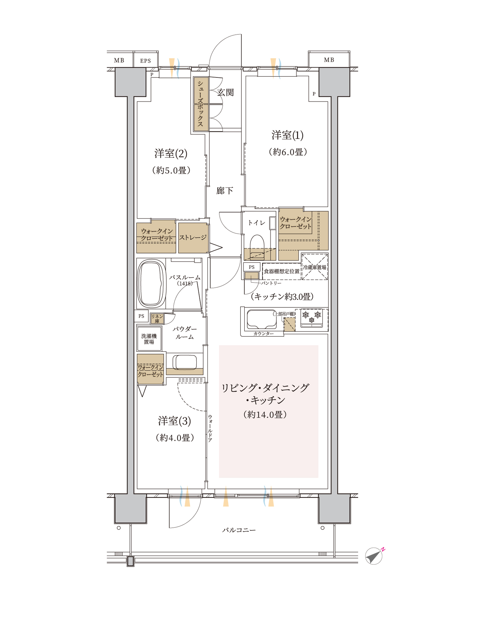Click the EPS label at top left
click(145, 61)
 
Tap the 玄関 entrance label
click(226, 93)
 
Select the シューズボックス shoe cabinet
click(201, 104)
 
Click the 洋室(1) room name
click(287, 135)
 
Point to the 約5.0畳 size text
click(171, 170)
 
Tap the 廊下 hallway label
click(225, 191)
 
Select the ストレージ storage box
click(193, 238)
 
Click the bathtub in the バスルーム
click(151, 284)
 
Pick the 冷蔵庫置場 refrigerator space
click(315, 267)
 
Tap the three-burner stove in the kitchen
click(312, 318)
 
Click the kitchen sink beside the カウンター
click(262, 319)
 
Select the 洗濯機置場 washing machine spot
click(149, 339)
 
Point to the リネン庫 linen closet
click(157, 319)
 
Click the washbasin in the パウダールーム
click(185, 362)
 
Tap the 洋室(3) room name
click(174, 421)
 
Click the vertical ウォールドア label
click(210, 428)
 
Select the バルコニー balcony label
click(239, 530)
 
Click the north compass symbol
click(374, 556)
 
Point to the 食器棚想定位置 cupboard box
click(282, 271)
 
